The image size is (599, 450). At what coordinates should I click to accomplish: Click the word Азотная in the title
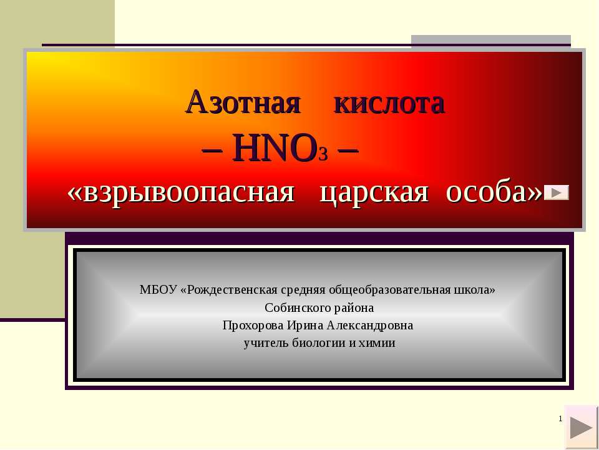click(243, 102)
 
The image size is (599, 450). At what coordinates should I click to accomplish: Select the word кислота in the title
click(389, 103)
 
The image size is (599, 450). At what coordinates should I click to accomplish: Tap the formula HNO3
click(280, 147)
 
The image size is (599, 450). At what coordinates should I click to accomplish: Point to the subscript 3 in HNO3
click(323, 154)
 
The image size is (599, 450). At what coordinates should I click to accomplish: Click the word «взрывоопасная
click(181, 192)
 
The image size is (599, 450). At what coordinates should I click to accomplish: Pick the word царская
click(374, 193)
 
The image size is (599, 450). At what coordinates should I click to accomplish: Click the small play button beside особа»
click(556, 192)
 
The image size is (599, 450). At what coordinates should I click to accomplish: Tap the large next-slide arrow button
click(581, 427)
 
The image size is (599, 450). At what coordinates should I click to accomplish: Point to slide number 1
click(560, 419)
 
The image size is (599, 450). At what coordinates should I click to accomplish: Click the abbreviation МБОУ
click(158, 289)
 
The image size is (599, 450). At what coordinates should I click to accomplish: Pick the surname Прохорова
click(253, 326)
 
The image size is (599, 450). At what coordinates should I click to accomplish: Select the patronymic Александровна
click(370, 326)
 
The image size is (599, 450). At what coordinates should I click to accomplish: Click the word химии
click(376, 344)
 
